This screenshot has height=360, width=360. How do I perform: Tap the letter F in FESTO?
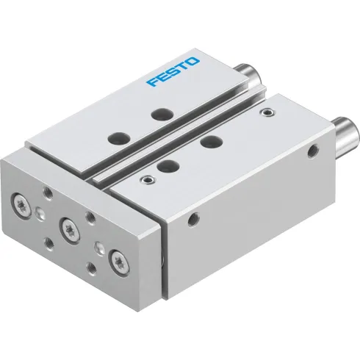coord(152,82)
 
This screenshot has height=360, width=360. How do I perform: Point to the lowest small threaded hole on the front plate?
coord(90,269)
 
